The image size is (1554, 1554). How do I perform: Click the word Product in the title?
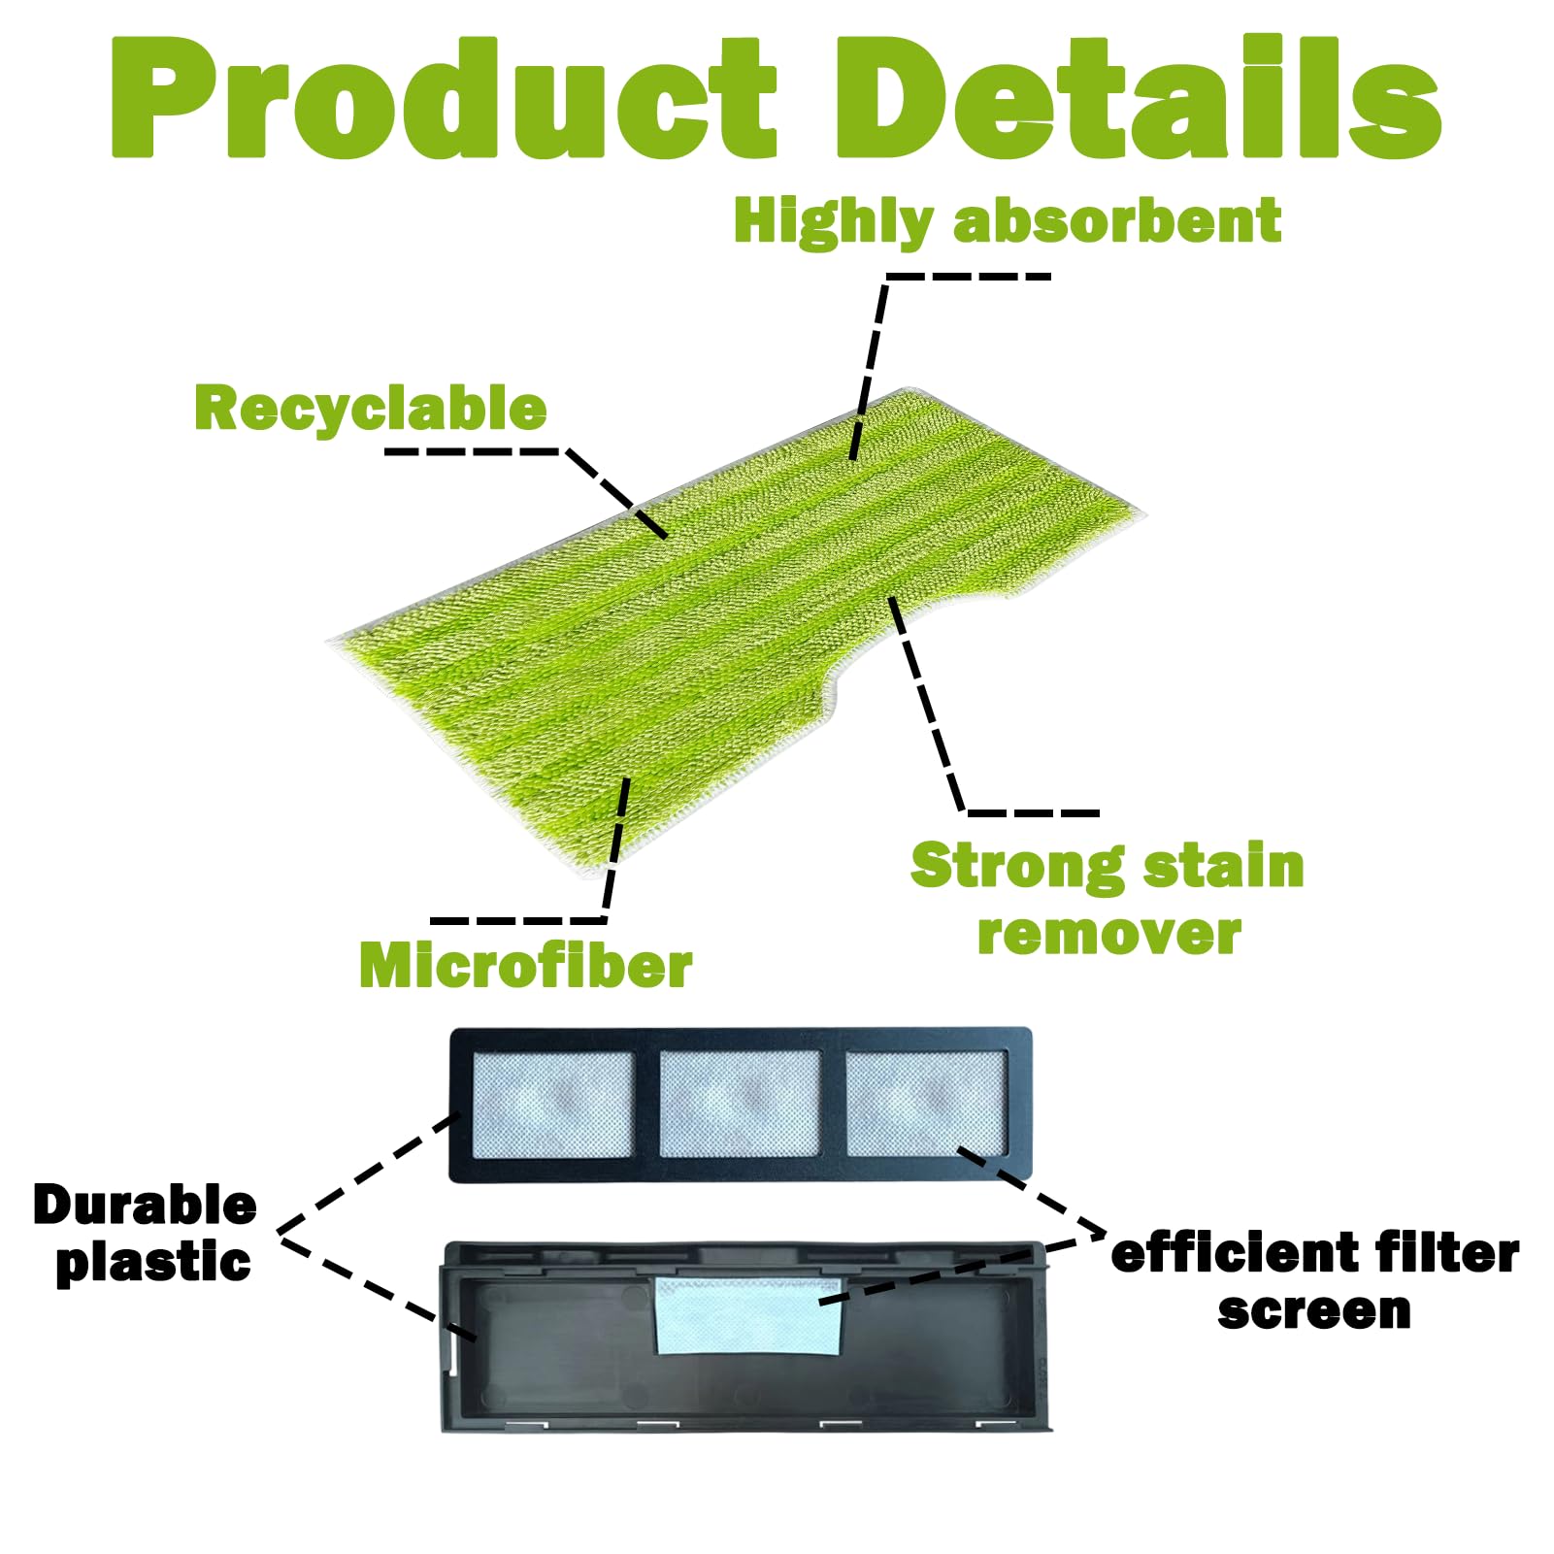444,97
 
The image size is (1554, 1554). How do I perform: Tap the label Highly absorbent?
1007,222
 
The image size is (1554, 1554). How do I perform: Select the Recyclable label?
371,408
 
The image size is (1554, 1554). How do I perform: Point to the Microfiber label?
525,966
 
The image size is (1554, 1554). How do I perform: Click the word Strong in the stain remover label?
1017,867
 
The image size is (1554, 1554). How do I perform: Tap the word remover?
1109,934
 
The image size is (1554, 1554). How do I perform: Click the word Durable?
145,1205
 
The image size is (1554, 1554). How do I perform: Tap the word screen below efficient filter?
1314,1311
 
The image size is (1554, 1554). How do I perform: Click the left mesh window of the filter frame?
552,1105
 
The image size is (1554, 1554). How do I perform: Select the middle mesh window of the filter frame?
740,1104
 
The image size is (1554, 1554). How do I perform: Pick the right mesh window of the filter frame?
926,1104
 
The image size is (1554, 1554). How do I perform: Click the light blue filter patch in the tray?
747,1315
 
